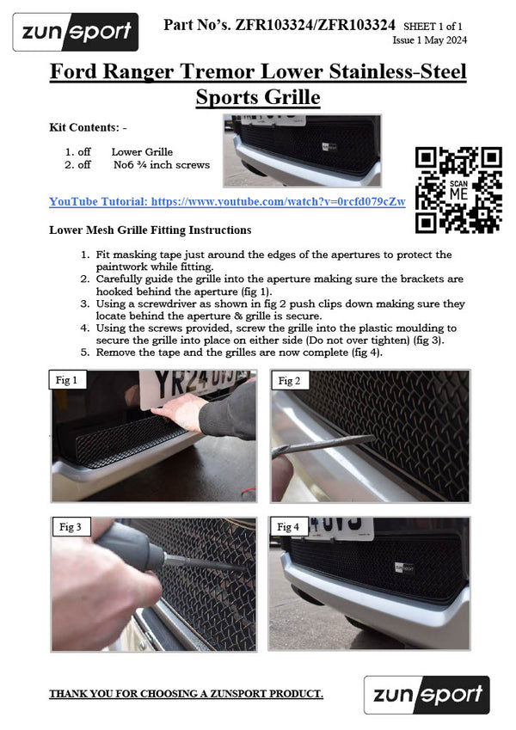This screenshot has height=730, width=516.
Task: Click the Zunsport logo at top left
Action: coord(76,33)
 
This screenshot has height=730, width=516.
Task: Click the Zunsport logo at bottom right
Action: coord(427,695)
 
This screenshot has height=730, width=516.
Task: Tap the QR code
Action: coord(458,190)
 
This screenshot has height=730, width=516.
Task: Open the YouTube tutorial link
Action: coord(227,201)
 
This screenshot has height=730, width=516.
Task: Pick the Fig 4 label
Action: coord(288,526)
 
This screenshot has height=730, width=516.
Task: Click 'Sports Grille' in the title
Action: coord(258,97)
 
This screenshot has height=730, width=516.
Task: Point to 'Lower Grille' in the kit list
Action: coord(142,151)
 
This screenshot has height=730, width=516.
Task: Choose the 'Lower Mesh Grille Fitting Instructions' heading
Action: coord(150,230)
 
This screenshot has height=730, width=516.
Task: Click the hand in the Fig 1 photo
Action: coord(185,410)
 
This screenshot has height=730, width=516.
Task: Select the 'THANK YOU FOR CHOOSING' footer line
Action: coord(186,693)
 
